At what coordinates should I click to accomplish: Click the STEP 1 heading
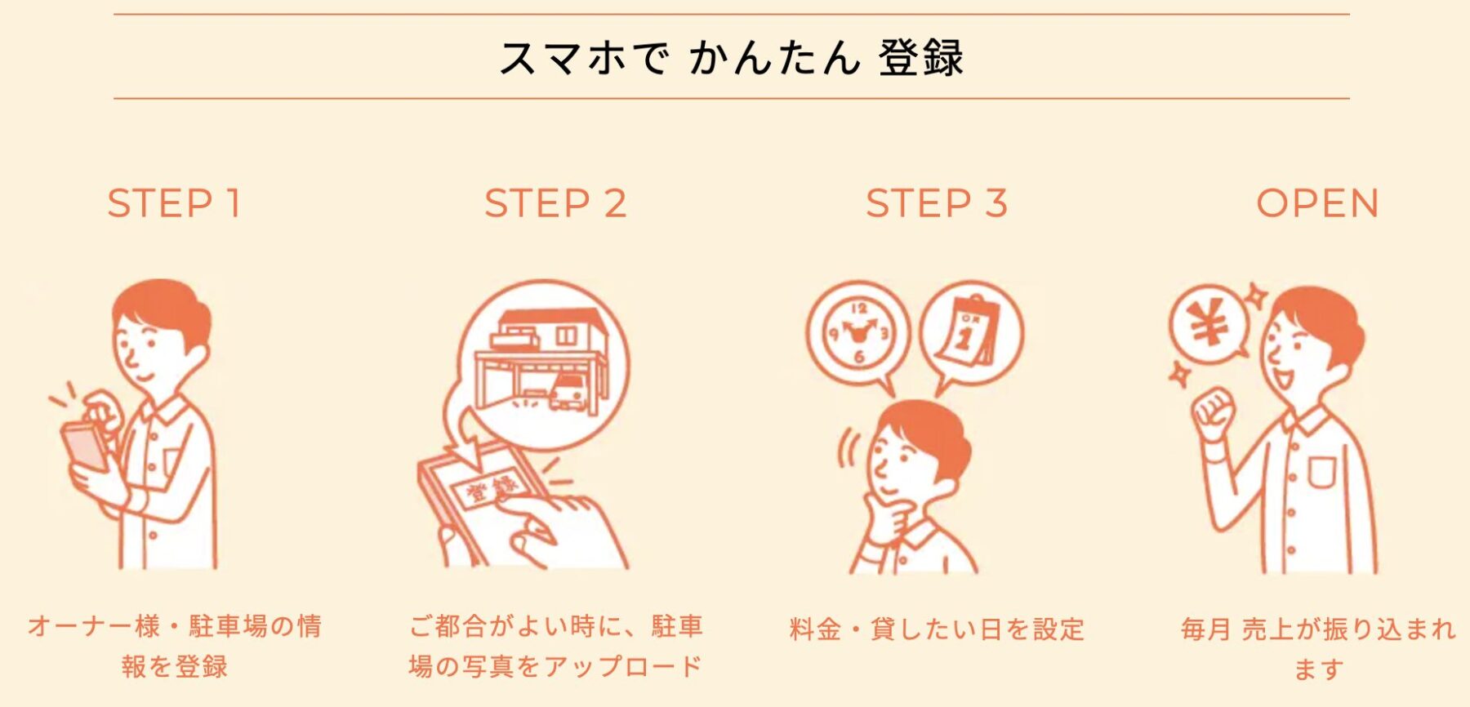coord(174,203)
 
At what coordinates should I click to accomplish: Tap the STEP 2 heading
coord(555,203)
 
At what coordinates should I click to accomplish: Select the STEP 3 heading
coord(937,203)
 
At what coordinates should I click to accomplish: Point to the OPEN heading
coord(1317,203)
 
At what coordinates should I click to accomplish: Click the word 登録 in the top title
coord(920,59)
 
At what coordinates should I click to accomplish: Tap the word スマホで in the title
coord(583,59)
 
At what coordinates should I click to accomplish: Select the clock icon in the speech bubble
coord(858,334)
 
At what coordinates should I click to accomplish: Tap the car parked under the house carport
coord(568,391)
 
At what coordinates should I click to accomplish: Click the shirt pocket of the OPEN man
coord(1322,473)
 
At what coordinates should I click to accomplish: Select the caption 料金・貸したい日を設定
coord(937,629)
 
